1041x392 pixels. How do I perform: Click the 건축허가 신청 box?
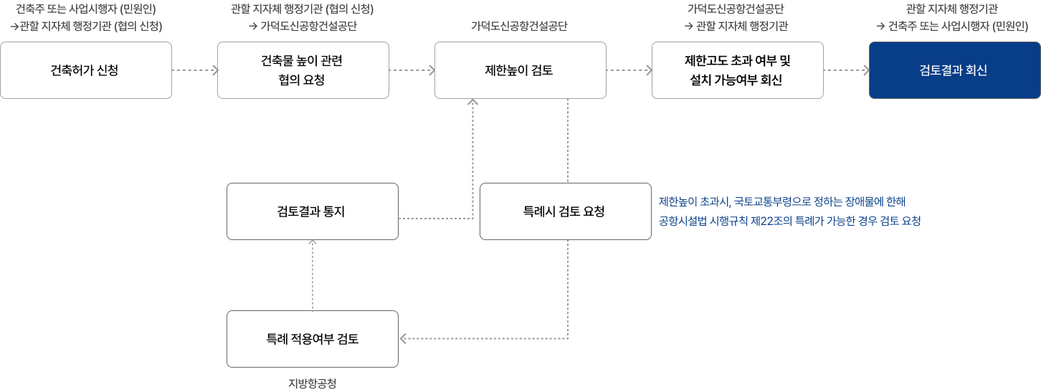tap(86, 70)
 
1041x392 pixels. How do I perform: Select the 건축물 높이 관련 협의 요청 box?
tap(303, 70)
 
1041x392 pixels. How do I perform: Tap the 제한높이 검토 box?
tap(520, 70)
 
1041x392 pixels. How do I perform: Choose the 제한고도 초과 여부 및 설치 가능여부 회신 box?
tap(737, 70)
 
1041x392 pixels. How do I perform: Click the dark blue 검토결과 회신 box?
tap(954, 70)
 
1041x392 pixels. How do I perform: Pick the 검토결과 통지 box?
tap(312, 211)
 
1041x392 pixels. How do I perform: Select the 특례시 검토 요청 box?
tap(565, 211)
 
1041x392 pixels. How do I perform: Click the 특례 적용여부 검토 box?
tap(312, 339)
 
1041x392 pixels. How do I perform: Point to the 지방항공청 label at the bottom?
tap(312, 383)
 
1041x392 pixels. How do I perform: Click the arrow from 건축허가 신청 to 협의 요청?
tap(194, 70)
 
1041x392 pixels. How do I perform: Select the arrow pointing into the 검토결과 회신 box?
tap(846, 70)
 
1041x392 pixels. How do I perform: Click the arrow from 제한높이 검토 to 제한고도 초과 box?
tap(629, 70)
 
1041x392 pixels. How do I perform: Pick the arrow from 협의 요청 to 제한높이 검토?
tap(412, 70)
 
